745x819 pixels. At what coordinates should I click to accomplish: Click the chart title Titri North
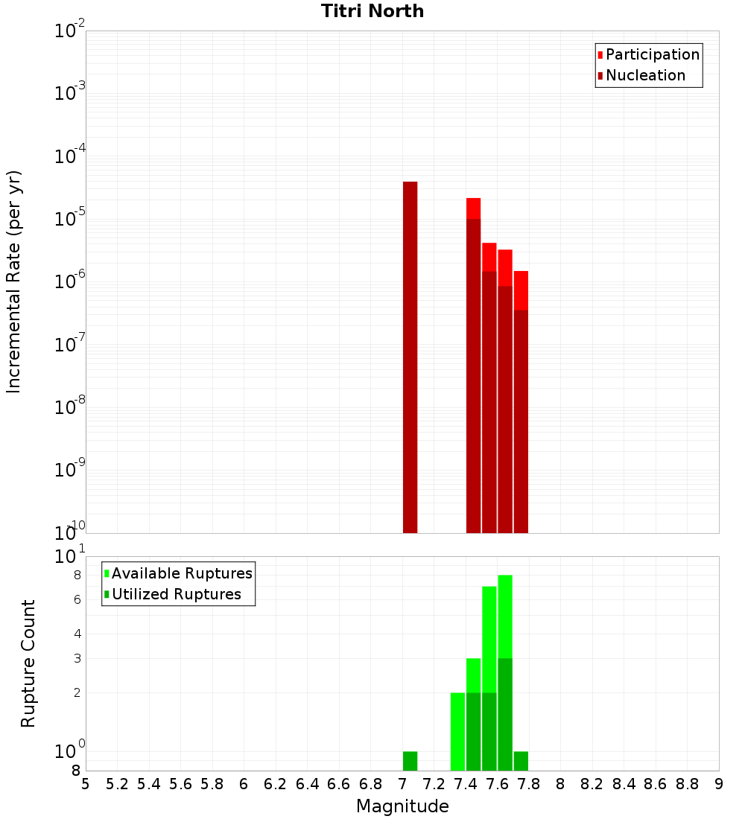tap(372, 11)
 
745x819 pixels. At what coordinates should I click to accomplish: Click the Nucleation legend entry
tap(645, 75)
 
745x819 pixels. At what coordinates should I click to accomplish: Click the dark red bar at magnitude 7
tap(410, 357)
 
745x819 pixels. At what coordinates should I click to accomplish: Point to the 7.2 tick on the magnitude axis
tap(434, 784)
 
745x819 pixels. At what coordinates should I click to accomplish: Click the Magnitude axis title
tap(402, 806)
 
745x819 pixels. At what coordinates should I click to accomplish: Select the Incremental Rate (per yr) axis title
tap(13, 281)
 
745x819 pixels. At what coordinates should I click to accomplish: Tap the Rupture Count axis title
tap(28, 663)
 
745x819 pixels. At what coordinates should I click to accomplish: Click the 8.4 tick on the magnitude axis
tap(624, 784)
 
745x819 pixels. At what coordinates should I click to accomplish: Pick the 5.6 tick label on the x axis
tap(180, 784)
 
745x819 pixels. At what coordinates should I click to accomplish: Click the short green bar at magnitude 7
tap(410, 761)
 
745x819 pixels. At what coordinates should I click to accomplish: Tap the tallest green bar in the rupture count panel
tap(505, 670)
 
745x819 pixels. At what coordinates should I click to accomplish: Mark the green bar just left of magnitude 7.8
tap(521, 761)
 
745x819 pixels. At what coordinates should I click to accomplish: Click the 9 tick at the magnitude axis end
tap(719, 784)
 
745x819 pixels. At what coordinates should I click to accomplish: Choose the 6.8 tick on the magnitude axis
tap(371, 784)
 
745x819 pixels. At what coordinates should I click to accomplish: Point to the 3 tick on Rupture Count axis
tap(76, 658)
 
